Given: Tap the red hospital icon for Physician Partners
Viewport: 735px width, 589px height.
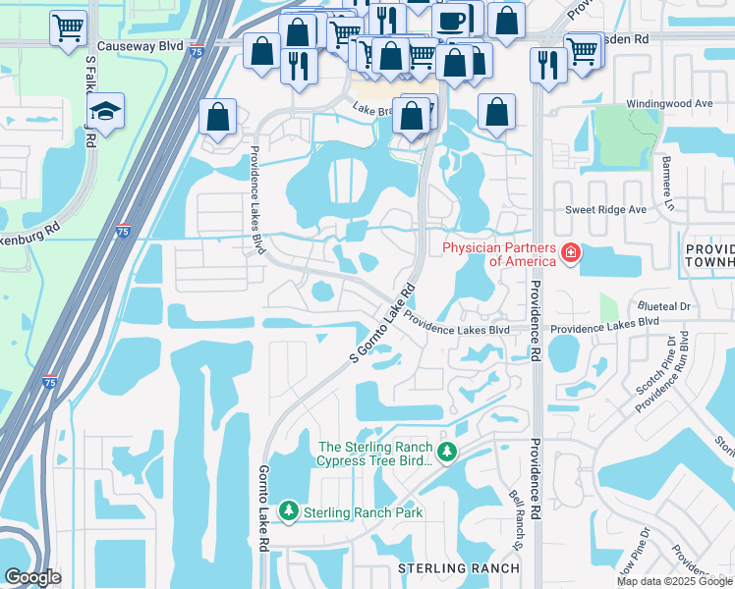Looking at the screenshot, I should click(x=570, y=255).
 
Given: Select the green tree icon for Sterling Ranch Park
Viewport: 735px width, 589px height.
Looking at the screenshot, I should click(x=289, y=510).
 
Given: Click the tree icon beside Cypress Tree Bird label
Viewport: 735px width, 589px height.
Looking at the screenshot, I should click(x=448, y=453).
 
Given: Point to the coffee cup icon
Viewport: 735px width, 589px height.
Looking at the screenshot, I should click(x=451, y=21).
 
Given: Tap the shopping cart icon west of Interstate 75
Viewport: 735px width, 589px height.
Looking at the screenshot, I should click(x=68, y=28).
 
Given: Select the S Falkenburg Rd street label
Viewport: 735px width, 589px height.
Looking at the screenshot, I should click(x=90, y=101).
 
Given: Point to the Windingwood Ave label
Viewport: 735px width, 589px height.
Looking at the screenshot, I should click(x=632, y=102).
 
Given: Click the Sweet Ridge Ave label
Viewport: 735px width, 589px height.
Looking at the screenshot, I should click(x=605, y=210).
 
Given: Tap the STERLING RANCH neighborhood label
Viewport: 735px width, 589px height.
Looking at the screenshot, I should click(x=458, y=568).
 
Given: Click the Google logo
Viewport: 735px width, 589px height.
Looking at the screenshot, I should click(x=32, y=576).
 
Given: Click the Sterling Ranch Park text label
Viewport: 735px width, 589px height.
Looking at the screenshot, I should click(x=363, y=512).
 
